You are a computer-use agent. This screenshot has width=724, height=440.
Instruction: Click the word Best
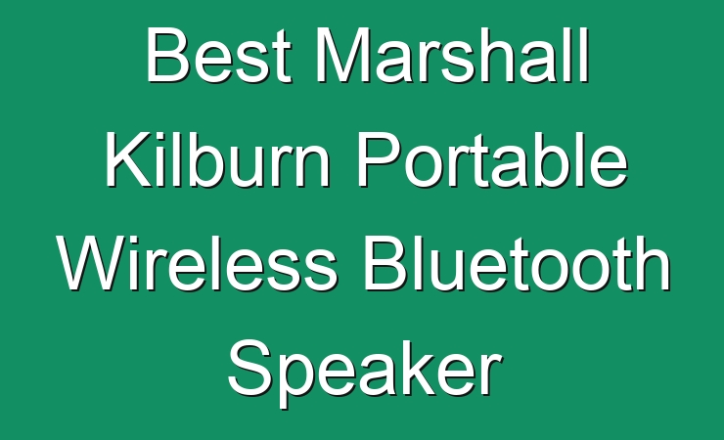tap(219, 56)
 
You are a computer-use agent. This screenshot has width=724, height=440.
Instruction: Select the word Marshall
tap(453, 56)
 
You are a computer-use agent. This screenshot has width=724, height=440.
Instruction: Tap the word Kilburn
tap(218, 159)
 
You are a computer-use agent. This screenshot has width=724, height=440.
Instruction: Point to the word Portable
tap(493, 159)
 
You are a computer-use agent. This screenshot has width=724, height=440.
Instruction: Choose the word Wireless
tap(198, 263)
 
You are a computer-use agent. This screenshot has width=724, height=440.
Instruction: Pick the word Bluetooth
tap(518, 263)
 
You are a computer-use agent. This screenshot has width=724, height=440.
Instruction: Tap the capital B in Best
tap(167, 56)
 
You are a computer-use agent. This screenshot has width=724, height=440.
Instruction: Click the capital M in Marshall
tap(343, 56)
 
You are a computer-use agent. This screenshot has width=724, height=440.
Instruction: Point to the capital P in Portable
tap(380, 159)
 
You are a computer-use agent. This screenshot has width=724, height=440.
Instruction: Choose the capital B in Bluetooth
tap(386, 263)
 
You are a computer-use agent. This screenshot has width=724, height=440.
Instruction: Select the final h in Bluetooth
tap(653, 263)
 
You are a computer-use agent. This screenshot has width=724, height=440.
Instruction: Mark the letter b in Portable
tap(554, 160)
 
